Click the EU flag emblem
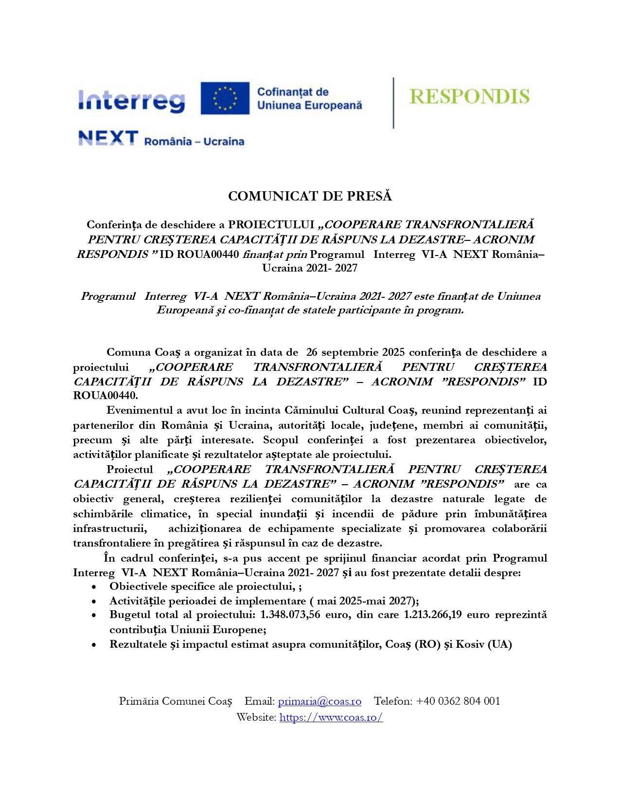[225, 98]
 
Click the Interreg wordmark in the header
[132, 101]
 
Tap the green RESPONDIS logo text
[469, 96]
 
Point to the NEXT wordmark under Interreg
[108, 138]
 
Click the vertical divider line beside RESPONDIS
[393, 103]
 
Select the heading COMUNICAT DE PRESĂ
[310, 196]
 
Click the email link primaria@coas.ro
[319, 701]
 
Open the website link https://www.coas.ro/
[331, 717]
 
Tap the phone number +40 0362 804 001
[458, 701]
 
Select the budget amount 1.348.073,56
[290, 615]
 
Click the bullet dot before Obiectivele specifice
[94, 587]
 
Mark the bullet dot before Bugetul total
[94, 616]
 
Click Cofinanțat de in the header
[293, 92]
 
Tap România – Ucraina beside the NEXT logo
[194, 142]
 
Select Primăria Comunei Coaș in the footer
[176, 701]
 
